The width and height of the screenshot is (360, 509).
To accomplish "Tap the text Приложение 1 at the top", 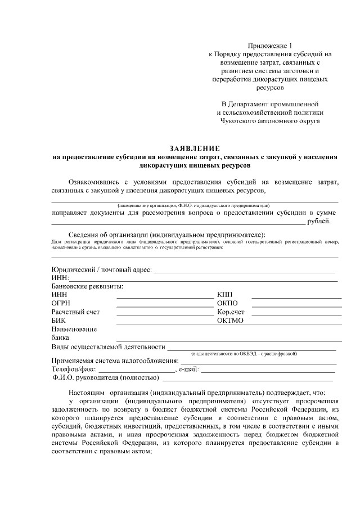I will pyautogui.click(x=271, y=45).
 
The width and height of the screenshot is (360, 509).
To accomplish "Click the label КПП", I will pyautogui.click(x=224, y=295).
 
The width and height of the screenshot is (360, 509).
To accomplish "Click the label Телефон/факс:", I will pyautogui.click(x=74, y=370).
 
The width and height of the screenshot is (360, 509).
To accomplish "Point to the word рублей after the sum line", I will pyautogui.click(x=319, y=222).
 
